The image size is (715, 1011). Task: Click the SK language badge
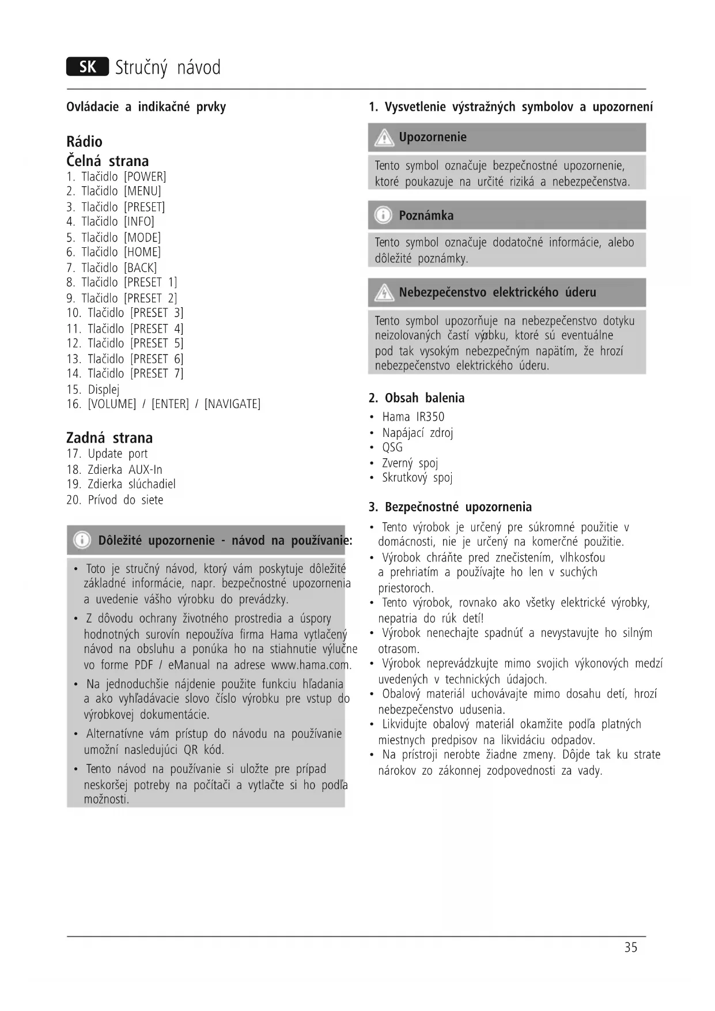click(x=88, y=67)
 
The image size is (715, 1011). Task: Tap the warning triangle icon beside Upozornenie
click(x=383, y=138)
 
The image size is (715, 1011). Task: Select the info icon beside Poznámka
click(x=383, y=216)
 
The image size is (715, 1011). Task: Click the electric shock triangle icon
click(x=383, y=293)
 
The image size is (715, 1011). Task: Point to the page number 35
click(x=631, y=947)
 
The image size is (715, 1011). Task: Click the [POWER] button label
click(x=145, y=176)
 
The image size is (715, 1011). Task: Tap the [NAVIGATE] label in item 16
click(x=232, y=404)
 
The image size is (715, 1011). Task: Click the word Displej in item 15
click(x=104, y=389)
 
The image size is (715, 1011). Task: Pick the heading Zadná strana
click(x=109, y=437)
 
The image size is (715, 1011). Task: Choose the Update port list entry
click(x=118, y=454)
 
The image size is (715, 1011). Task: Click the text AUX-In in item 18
click(x=145, y=470)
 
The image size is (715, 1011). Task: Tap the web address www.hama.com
click(x=311, y=665)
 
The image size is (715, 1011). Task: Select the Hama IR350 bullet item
click(x=413, y=417)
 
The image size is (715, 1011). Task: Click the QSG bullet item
click(x=392, y=447)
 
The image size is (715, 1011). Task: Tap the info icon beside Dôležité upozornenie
click(x=82, y=540)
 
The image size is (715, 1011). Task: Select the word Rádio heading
click(x=85, y=142)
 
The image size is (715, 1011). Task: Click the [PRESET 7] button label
click(x=157, y=374)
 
